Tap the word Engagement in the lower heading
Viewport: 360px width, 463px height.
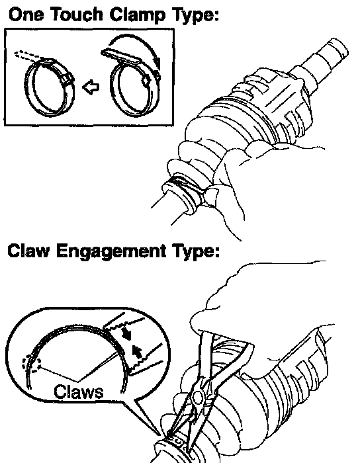tap(111, 252)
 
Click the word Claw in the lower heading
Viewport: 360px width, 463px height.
tap(28, 251)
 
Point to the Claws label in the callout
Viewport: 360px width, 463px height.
tap(79, 392)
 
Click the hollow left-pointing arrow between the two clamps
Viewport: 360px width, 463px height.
tap(91, 87)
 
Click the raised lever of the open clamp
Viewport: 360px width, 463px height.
tap(120, 56)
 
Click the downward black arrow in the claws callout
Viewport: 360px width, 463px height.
tap(127, 333)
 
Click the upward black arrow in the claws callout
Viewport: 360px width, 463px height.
tap(137, 351)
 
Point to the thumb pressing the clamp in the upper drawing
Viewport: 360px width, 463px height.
tap(212, 196)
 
